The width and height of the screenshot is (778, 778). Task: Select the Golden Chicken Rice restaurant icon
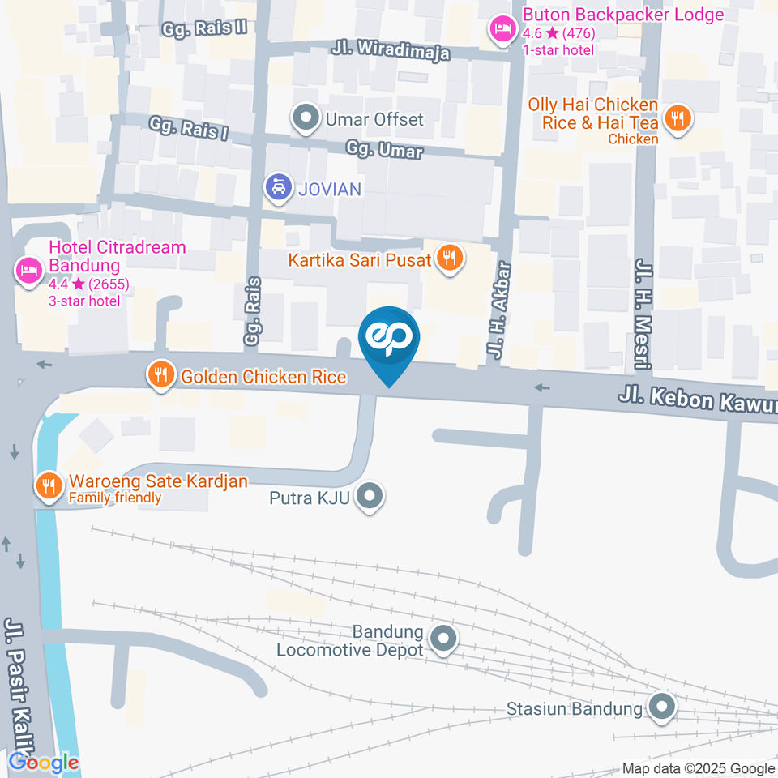[161, 375]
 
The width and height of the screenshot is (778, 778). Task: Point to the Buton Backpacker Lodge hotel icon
[502, 30]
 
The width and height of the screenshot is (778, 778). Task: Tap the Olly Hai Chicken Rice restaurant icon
[676, 119]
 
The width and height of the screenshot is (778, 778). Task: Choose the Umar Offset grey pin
[306, 119]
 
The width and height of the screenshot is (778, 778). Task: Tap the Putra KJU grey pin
[370, 496]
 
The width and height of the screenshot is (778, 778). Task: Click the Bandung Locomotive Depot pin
[442, 639]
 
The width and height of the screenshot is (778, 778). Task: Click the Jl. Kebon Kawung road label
[697, 402]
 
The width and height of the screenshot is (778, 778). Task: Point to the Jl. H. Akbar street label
[498, 310]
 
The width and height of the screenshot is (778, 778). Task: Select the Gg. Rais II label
[203, 28]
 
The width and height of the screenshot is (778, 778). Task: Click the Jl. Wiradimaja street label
[390, 49]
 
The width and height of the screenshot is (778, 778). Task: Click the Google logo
[44, 762]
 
